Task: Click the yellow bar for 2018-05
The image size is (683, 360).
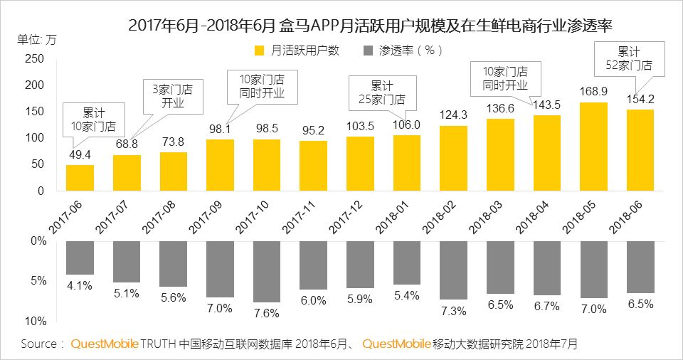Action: click(594, 147)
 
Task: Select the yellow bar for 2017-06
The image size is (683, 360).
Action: click(80, 178)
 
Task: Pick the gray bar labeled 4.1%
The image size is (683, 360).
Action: click(80, 258)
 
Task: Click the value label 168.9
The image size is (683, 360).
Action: click(593, 92)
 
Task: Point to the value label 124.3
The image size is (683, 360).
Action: click(453, 115)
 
